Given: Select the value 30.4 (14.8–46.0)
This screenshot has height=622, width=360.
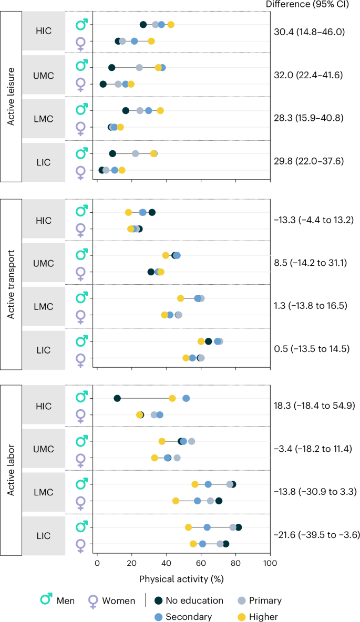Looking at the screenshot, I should point(309,32).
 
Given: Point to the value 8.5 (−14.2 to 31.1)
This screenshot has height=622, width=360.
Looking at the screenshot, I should point(311,263).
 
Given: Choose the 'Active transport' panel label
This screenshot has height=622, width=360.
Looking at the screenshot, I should point(11,284).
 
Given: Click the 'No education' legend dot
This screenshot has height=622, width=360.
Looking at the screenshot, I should point(158,600).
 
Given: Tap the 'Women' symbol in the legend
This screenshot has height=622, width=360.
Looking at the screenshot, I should point(94,602).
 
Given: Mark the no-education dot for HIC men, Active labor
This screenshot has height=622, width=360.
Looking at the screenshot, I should point(117,398).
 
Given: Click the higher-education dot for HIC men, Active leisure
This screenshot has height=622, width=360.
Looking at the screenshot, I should point(171,25).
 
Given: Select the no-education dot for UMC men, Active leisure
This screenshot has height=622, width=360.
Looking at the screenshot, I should point(111,68).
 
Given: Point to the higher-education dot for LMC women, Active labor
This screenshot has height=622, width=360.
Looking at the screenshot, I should point(176,501).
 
